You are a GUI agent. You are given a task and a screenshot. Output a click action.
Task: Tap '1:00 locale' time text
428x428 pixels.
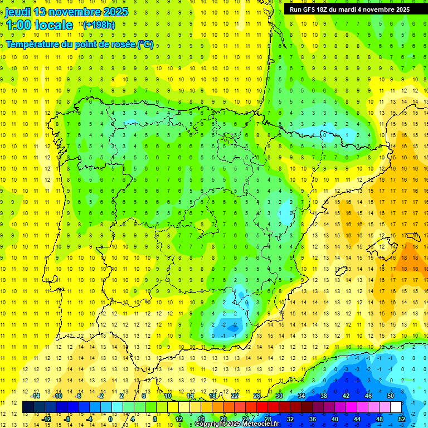pos(39,25)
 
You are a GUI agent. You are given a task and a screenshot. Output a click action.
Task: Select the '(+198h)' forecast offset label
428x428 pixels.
pos(99,25)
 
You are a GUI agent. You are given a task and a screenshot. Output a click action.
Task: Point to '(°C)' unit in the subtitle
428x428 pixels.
pos(145,44)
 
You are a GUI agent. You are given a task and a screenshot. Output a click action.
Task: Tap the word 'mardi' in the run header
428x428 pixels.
pos(349,9)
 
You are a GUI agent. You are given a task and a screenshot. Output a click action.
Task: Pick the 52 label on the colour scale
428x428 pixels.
pos(402,419)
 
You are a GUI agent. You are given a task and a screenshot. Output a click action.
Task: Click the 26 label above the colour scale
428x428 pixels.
pos(257,396)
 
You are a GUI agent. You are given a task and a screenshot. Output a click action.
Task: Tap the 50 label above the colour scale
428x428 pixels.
pos(391,396)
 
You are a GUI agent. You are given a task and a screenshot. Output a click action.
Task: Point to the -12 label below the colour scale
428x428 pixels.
pos(46,419)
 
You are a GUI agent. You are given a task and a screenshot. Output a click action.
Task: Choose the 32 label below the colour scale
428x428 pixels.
pos(290,419)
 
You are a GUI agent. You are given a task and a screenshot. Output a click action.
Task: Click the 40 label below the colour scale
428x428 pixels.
pos(335,419)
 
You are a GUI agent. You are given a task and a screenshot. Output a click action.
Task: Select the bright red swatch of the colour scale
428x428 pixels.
pos(262,407)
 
